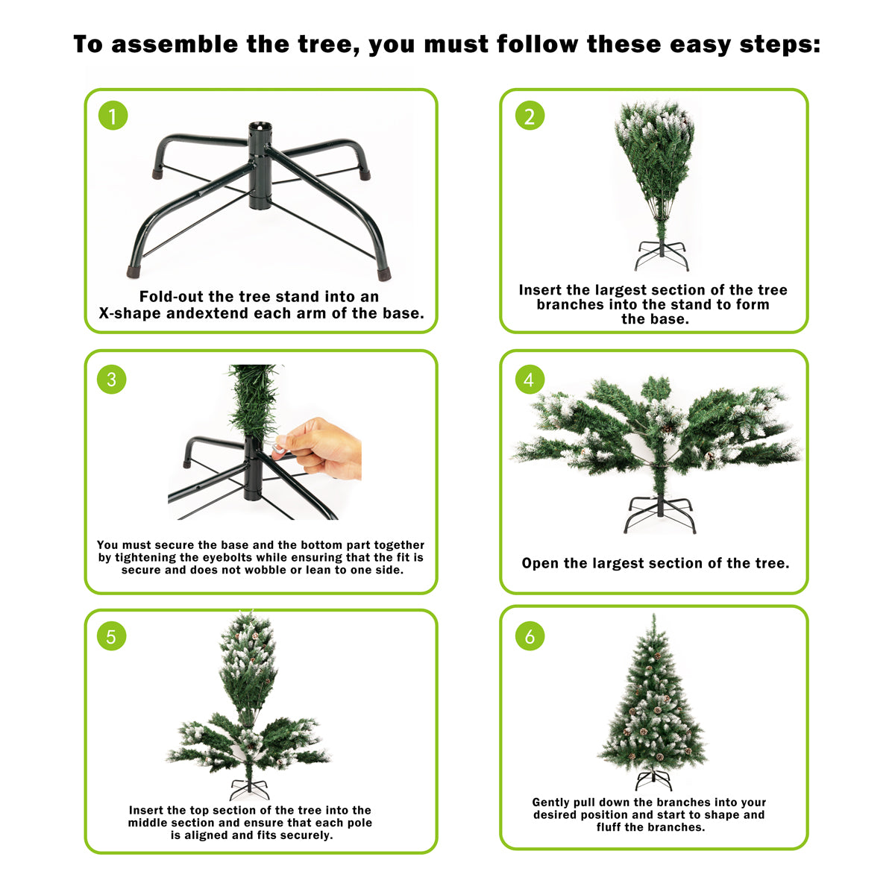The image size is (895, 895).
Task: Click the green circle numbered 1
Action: coord(113,116)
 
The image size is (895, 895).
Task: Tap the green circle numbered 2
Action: coord(530,116)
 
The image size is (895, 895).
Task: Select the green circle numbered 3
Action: coord(112,379)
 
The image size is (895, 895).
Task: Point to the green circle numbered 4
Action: coord(530,379)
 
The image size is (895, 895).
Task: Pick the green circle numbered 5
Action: coord(112,636)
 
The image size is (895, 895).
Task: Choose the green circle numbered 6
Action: coord(530,636)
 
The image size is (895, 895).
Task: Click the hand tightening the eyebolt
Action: coord(324,447)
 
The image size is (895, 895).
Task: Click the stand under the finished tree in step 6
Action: coord(653,779)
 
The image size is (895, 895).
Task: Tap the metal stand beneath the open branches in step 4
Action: coord(659,514)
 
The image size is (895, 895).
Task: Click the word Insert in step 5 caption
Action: coord(146,810)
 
